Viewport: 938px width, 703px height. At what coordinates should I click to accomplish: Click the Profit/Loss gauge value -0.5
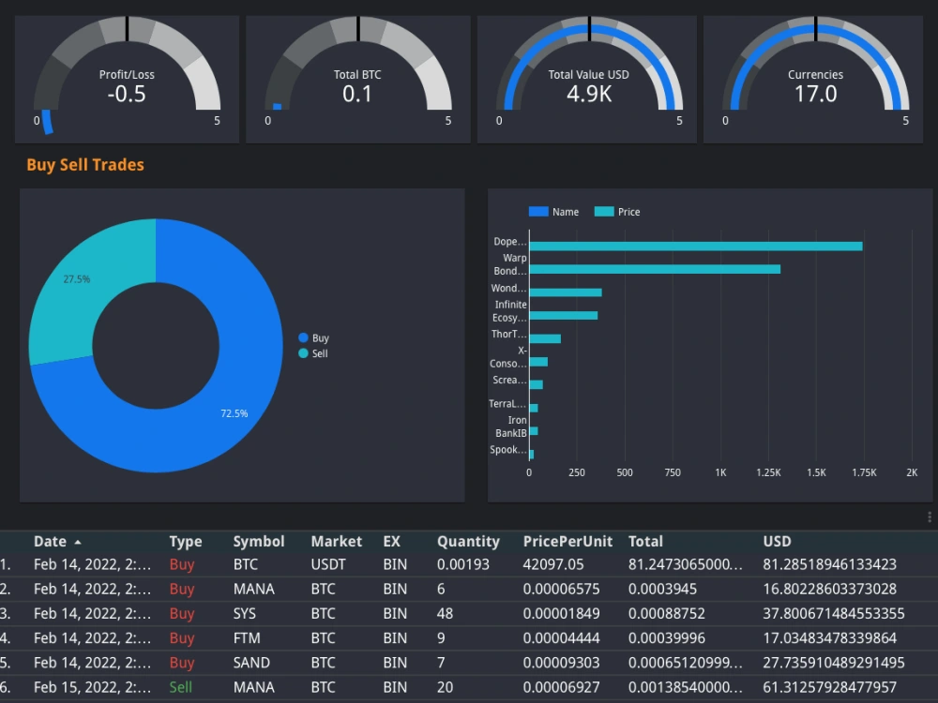click(x=127, y=94)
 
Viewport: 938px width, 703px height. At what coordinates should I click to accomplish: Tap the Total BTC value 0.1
click(x=357, y=94)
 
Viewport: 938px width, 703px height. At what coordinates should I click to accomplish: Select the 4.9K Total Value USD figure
click(x=589, y=94)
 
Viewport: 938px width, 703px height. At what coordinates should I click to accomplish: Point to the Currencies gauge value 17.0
click(x=815, y=94)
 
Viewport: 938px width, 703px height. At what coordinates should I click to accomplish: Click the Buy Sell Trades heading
click(x=85, y=165)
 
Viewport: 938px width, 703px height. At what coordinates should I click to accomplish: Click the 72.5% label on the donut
click(x=234, y=413)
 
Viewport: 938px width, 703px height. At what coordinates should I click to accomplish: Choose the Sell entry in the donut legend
click(x=319, y=353)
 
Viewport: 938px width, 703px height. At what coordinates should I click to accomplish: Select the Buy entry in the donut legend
click(x=320, y=337)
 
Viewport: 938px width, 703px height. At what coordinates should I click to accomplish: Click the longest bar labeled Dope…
click(x=695, y=246)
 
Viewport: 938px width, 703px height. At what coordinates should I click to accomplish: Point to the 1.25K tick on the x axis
click(x=768, y=473)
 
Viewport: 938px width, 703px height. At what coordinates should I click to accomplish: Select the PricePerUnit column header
click(x=567, y=542)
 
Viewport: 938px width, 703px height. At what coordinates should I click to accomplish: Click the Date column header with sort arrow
click(x=56, y=542)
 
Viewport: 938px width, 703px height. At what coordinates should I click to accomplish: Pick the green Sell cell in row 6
click(x=181, y=687)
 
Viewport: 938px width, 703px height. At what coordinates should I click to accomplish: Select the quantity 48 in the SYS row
click(x=445, y=614)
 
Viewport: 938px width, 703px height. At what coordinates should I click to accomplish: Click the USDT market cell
click(x=328, y=565)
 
